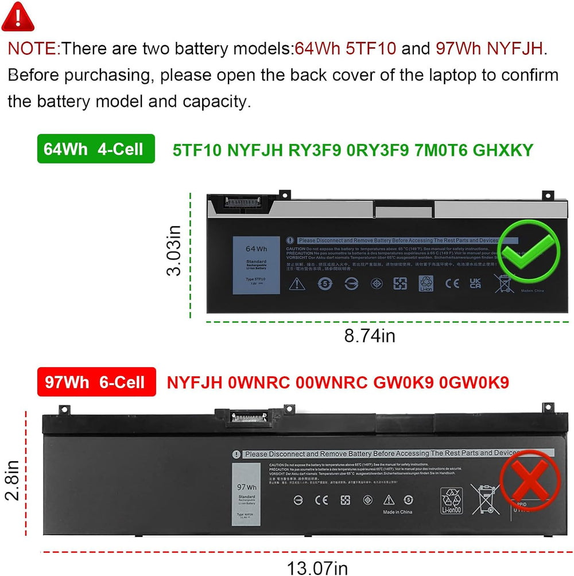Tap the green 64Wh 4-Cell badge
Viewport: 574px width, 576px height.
[96, 149]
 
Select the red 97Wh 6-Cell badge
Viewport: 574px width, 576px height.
[96, 382]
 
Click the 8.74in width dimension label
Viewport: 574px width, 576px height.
[369, 336]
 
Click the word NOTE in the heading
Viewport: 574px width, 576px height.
[32, 48]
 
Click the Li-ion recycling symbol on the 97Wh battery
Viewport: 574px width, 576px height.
[451, 499]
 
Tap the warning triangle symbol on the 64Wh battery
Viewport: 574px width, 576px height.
[297, 283]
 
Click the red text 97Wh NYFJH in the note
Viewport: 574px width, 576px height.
[491, 48]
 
